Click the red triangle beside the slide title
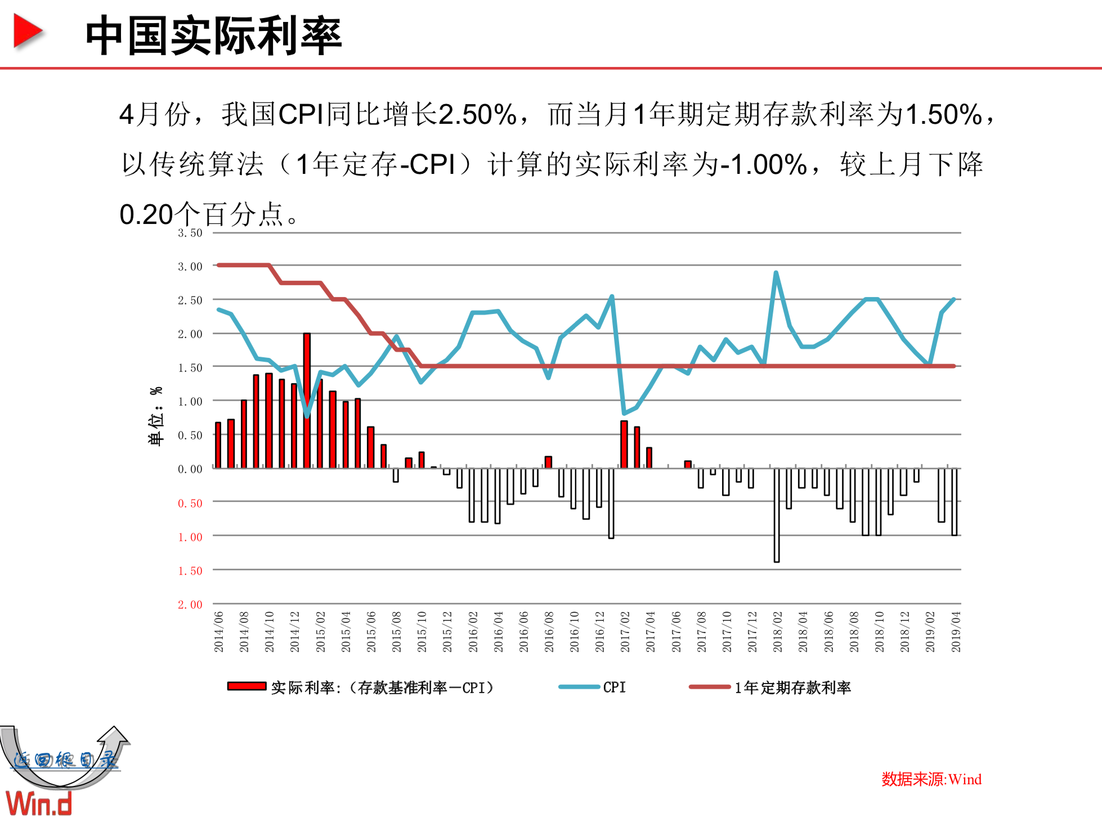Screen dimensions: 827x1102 (x=27, y=32)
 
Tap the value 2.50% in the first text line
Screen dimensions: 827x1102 (x=477, y=115)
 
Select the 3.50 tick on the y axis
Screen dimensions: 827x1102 (x=190, y=233)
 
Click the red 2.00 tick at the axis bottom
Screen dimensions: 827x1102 (x=190, y=605)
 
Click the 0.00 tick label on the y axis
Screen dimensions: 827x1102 (x=190, y=469)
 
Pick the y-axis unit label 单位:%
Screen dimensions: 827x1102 (x=156, y=416)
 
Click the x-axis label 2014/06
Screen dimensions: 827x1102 (x=219, y=632)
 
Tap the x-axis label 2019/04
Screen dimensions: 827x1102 (x=956, y=632)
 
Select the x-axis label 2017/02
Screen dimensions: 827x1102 (x=625, y=632)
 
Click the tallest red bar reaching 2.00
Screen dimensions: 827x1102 (x=307, y=399)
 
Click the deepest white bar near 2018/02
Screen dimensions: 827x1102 (x=777, y=515)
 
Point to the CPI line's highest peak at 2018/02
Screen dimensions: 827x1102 (x=776, y=273)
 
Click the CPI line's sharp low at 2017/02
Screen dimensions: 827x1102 (x=624, y=413)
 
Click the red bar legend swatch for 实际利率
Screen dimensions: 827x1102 (x=247, y=686)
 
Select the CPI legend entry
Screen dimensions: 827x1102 (x=613, y=687)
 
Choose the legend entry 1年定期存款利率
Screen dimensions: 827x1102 (x=792, y=687)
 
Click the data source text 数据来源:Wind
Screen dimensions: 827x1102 (x=931, y=780)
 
